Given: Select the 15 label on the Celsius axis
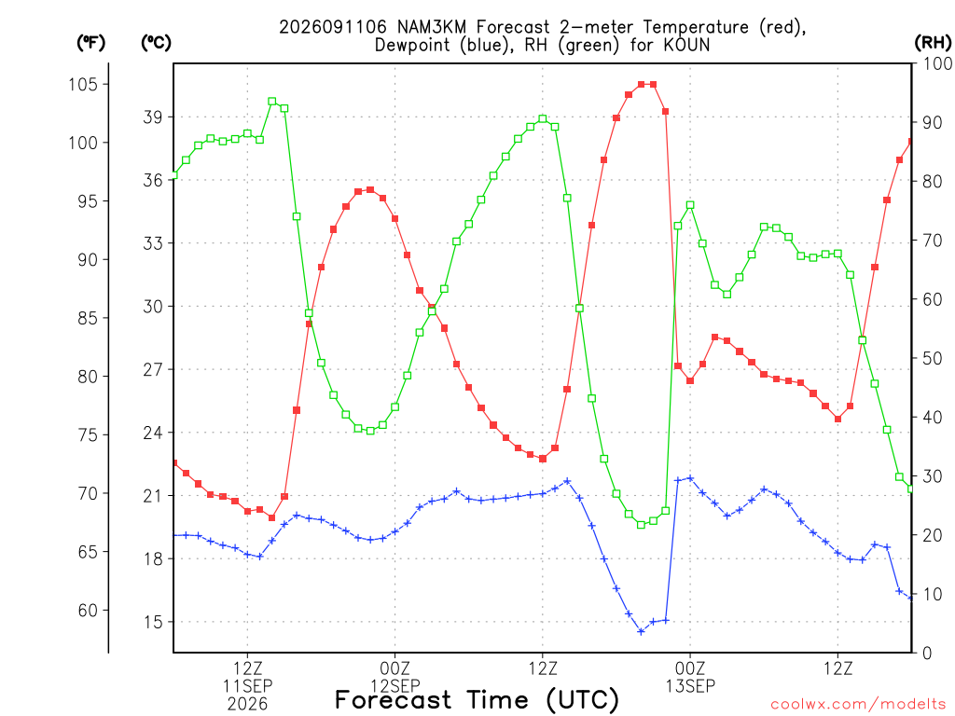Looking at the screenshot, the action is [153, 622].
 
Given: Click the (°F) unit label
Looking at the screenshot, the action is [90, 43].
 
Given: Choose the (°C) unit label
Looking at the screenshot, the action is [156, 43].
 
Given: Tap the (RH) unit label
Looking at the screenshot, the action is [933, 43].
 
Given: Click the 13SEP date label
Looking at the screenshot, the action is [690, 687].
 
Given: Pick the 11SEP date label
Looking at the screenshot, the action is [247, 687].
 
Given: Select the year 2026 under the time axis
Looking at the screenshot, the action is [247, 705].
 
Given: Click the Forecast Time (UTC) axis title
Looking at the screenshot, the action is [477, 700].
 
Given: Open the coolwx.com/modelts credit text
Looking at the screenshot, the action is [858, 705].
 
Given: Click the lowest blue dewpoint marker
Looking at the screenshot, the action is [641, 631].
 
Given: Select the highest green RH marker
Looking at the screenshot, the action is [272, 102].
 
